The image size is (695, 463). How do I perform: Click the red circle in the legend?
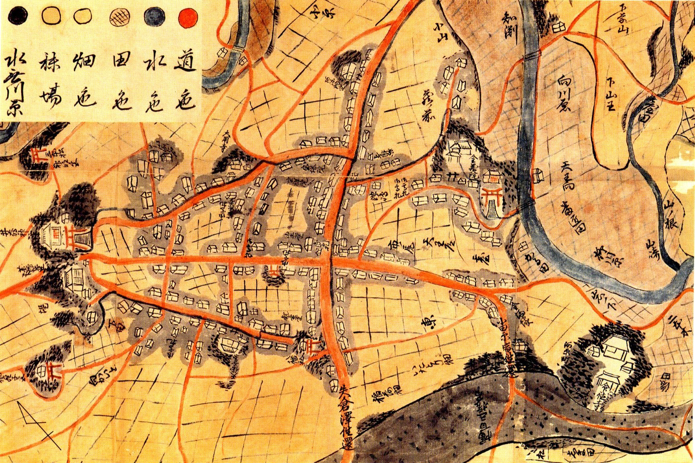(188, 17)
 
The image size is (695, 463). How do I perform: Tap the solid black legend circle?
(17, 16)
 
